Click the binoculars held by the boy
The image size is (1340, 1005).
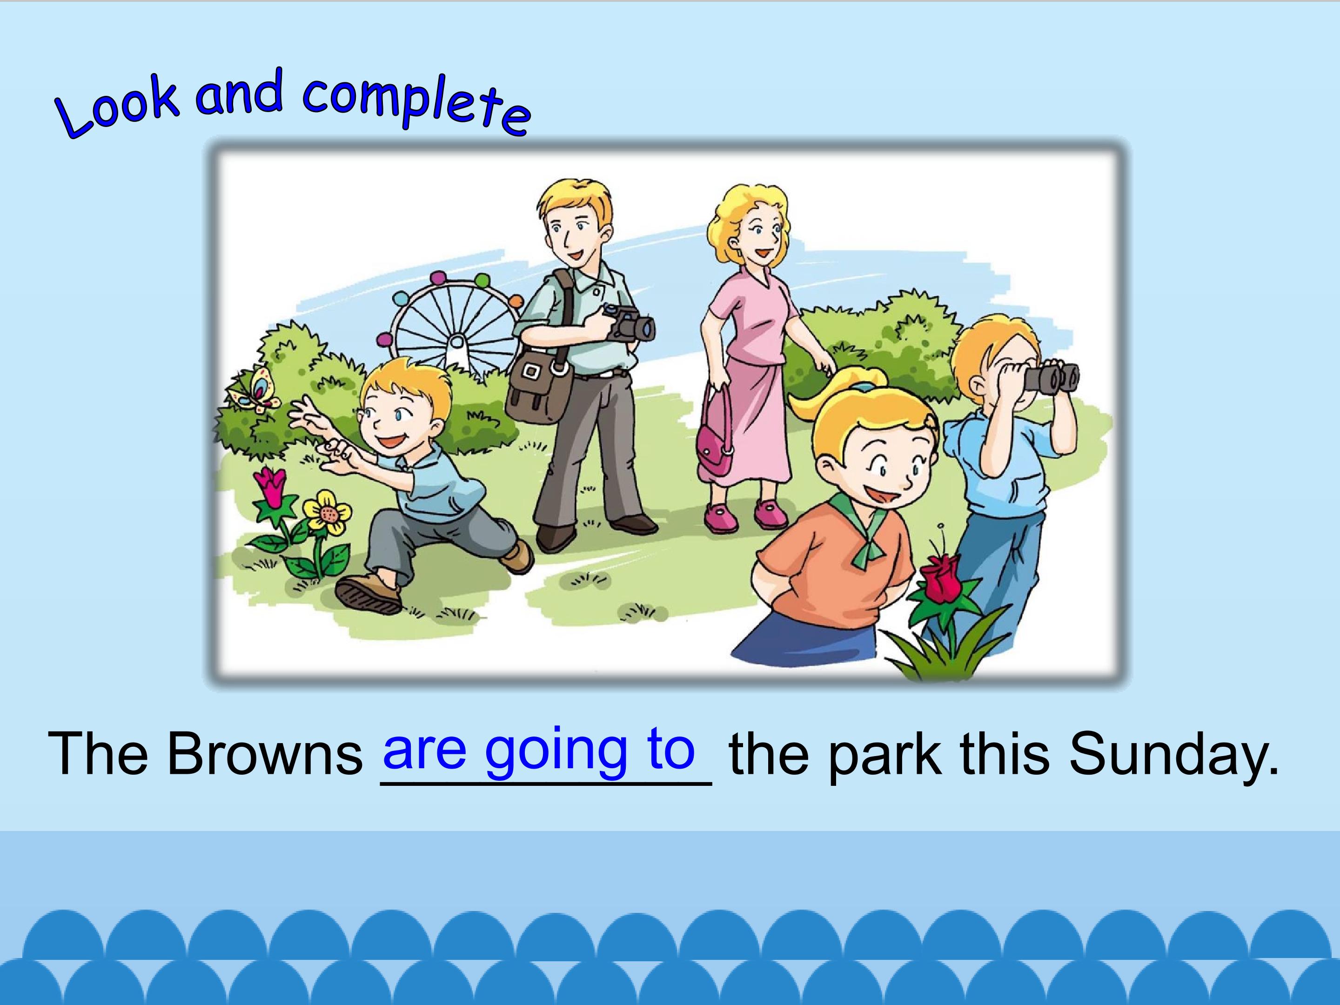tap(1051, 377)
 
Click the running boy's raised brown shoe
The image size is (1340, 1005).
tap(368, 593)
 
